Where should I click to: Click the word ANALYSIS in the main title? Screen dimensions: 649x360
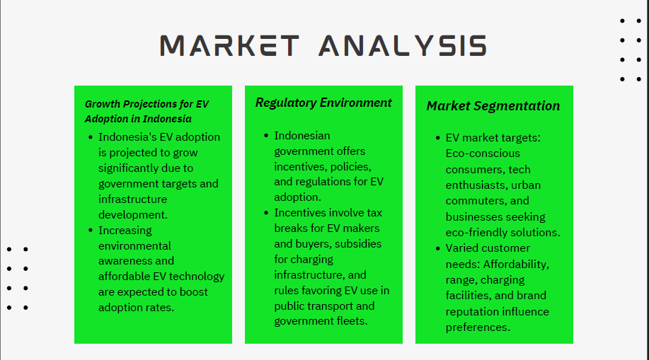(403, 45)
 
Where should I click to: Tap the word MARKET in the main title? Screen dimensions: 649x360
(230, 45)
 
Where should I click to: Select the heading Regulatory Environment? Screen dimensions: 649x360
(323, 103)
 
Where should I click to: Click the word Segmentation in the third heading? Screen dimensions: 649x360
(517, 106)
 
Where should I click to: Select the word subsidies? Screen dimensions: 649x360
(358, 244)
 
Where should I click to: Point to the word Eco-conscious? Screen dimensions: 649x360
(483, 153)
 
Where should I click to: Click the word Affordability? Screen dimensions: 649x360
(516, 265)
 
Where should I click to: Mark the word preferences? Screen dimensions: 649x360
(478, 327)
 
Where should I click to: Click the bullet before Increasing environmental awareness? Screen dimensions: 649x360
(91, 231)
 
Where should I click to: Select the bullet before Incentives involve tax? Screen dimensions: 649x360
(266, 213)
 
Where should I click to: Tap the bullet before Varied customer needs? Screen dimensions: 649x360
(438, 249)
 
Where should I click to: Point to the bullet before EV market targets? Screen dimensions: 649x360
(438, 138)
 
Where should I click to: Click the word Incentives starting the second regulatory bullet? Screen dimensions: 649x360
(297, 213)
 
